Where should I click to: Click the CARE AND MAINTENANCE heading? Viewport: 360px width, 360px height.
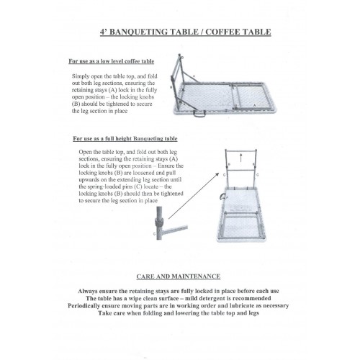(179, 276)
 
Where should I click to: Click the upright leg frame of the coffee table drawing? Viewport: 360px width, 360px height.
(175, 79)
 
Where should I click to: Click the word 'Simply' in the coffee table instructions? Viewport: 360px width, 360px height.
(82, 76)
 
